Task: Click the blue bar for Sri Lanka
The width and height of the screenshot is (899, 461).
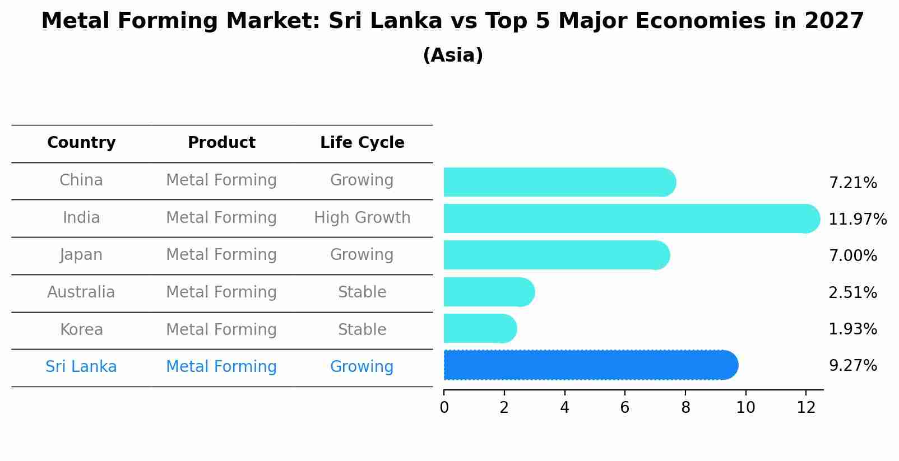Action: (588, 365)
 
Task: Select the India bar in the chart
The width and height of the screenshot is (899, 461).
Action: (628, 218)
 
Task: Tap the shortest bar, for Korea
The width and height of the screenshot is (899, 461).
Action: (479, 328)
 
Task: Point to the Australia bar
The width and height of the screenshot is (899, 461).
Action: (488, 292)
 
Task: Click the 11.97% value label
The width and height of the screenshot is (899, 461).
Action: (857, 219)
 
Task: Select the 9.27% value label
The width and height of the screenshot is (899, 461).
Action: (852, 366)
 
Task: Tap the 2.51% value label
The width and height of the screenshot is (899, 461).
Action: (852, 292)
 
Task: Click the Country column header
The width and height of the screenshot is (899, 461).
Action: (81, 143)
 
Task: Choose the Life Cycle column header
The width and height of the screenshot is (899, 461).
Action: (362, 143)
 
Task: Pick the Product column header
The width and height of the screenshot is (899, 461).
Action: (221, 143)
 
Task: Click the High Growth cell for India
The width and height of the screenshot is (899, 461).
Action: (362, 217)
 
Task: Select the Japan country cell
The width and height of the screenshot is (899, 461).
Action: (81, 255)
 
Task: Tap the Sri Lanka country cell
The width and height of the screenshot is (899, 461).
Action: (81, 367)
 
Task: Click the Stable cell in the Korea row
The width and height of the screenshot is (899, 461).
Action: (362, 329)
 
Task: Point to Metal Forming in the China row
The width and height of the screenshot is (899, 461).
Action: (221, 180)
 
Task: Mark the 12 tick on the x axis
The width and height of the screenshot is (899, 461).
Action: (806, 408)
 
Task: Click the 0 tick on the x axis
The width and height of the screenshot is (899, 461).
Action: (444, 408)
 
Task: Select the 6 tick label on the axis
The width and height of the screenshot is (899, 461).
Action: (625, 408)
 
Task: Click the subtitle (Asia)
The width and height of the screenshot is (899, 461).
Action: (453, 55)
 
